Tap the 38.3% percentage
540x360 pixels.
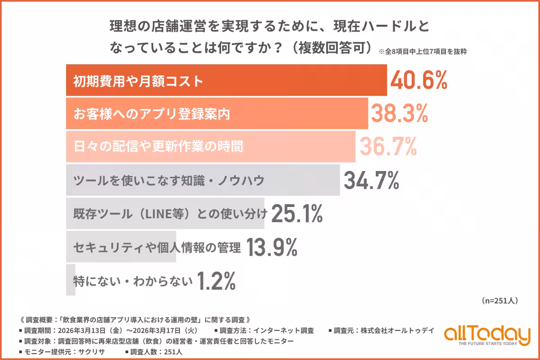point(399,114)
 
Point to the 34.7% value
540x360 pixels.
point(372,180)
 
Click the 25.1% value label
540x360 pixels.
point(297,213)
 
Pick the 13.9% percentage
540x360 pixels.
point(272,247)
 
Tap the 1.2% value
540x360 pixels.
point(216,281)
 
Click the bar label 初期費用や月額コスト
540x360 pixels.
point(139,81)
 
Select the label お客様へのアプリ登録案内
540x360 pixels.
point(152,114)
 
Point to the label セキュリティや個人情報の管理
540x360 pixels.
point(157,247)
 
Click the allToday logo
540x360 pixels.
point(487,335)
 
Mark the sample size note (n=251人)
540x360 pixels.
point(500,300)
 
